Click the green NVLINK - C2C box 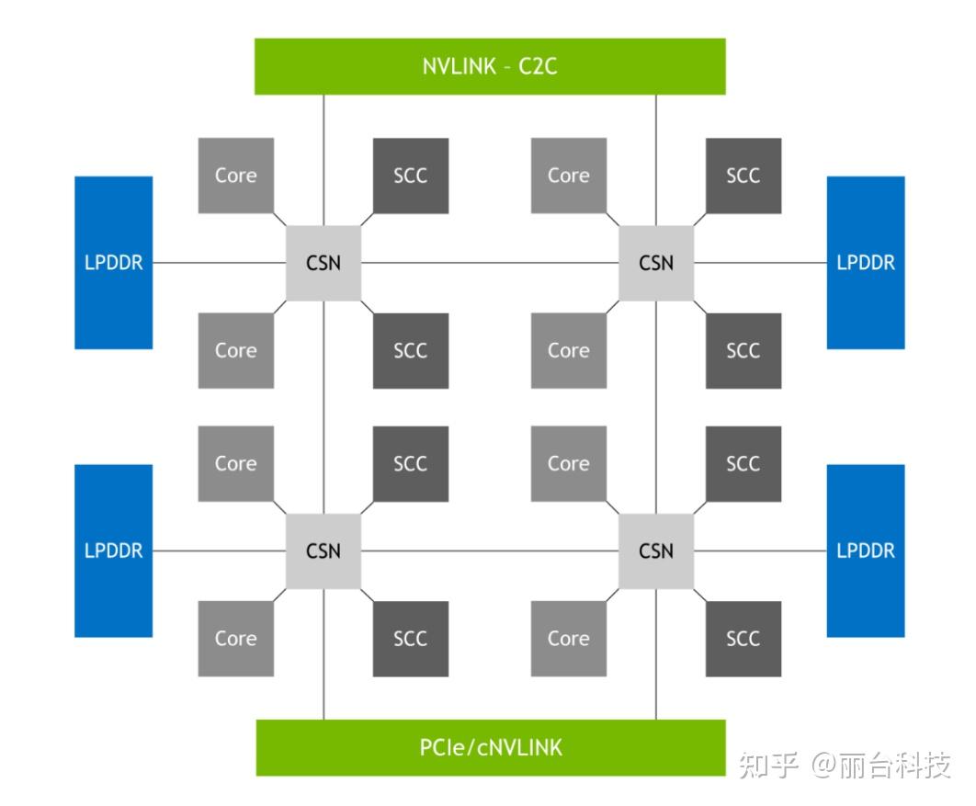coord(490,66)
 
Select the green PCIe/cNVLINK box coord(490,747)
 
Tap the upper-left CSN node coord(323,263)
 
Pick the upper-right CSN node coord(656,263)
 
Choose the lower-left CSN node coord(323,551)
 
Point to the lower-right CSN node coord(656,551)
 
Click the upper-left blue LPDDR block coord(114,263)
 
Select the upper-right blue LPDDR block coord(866,263)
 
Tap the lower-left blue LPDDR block coord(114,551)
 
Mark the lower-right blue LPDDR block coord(866,551)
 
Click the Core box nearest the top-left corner coord(236,176)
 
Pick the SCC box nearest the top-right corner coord(743,176)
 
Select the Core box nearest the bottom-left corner coord(236,639)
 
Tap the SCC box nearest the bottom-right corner coord(743,639)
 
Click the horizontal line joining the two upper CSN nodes coord(490,263)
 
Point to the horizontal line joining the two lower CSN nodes coord(490,551)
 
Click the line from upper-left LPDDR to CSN coord(219,263)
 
